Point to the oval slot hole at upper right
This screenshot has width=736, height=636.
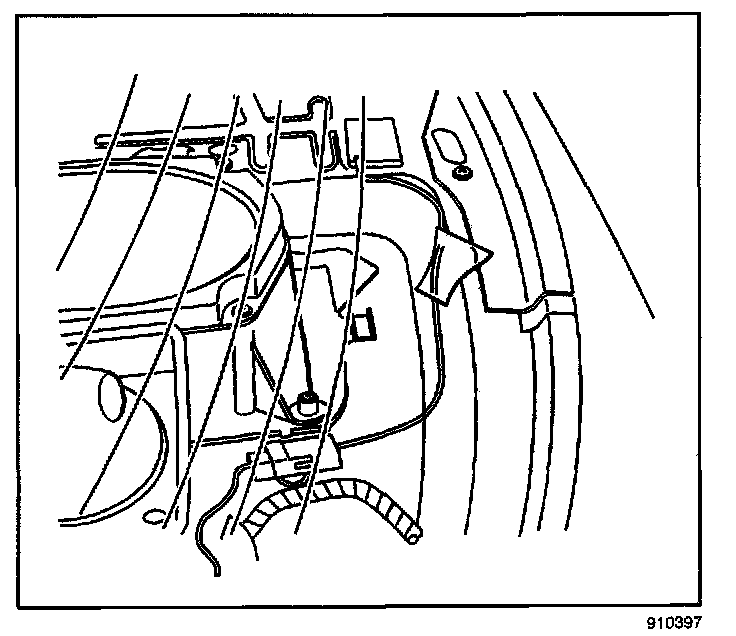[x=450, y=148]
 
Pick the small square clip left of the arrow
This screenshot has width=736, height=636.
[x=363, y=322]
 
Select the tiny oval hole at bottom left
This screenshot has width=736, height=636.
[x=156, y=518]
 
